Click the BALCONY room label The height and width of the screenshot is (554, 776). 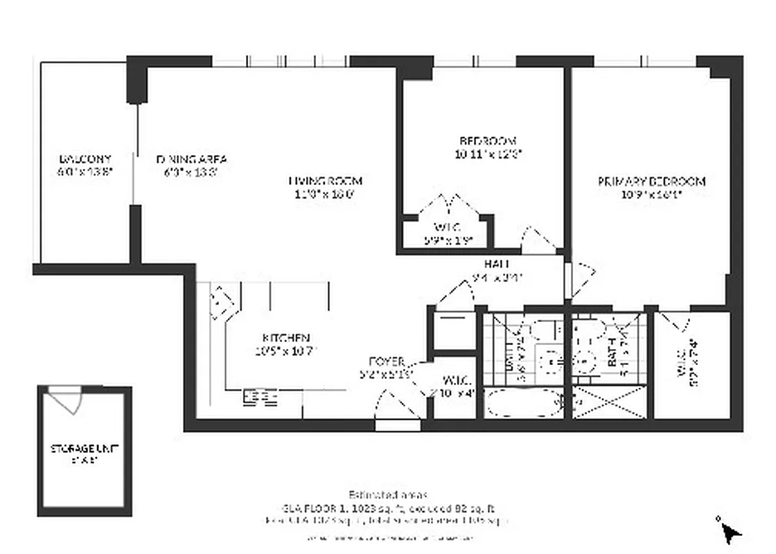click(x=85, y=159)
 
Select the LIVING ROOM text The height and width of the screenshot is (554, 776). click(x=325, y=181)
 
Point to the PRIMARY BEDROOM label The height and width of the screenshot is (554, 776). click(x=651, y=181)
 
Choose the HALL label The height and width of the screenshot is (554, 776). click(x=497, y=264)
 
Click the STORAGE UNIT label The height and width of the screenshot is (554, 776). click(x=85, y=448)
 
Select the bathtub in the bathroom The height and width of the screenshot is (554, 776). click(x=524, y=403)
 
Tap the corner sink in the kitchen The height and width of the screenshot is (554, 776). click(x=222, y=299)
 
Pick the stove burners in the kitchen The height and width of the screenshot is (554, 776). click(x=260, y=397)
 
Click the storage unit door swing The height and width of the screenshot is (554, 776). click(x=67, y=402)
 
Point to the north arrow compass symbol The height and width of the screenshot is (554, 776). click(x=730, y=532)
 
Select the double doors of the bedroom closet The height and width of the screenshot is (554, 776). click(x=450, y=206)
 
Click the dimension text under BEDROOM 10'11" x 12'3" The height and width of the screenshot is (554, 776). click(x=484, y=154)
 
